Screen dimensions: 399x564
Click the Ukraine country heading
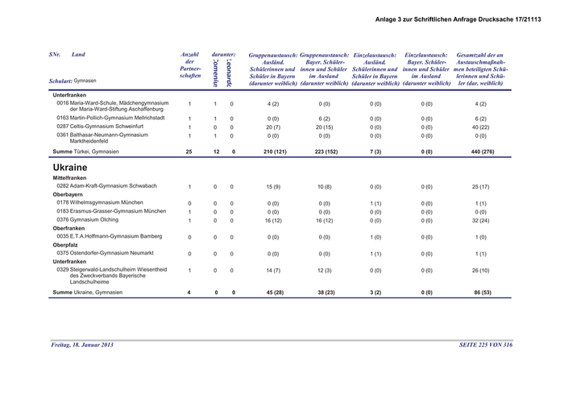tap(70, 167)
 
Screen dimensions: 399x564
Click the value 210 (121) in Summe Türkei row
tap(272, 152)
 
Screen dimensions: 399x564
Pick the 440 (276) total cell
tap(480, 152)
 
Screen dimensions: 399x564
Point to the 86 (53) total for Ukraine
tap(480, 292)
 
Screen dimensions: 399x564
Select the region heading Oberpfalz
tap(67, 246)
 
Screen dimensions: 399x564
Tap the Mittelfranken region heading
tap(72, 177)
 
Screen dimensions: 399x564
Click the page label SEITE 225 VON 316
tap(485, 345)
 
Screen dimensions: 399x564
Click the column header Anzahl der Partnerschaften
tap(189, 64)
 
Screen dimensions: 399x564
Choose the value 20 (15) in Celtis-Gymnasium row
tap(324, 127)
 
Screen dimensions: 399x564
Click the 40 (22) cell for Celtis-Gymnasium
tap(480, 127)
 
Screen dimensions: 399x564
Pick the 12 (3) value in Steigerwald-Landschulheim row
tap(324, 271)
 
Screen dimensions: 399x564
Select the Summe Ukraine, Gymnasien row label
tap(89, 292)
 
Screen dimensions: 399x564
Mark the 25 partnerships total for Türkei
tap(189, 152)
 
